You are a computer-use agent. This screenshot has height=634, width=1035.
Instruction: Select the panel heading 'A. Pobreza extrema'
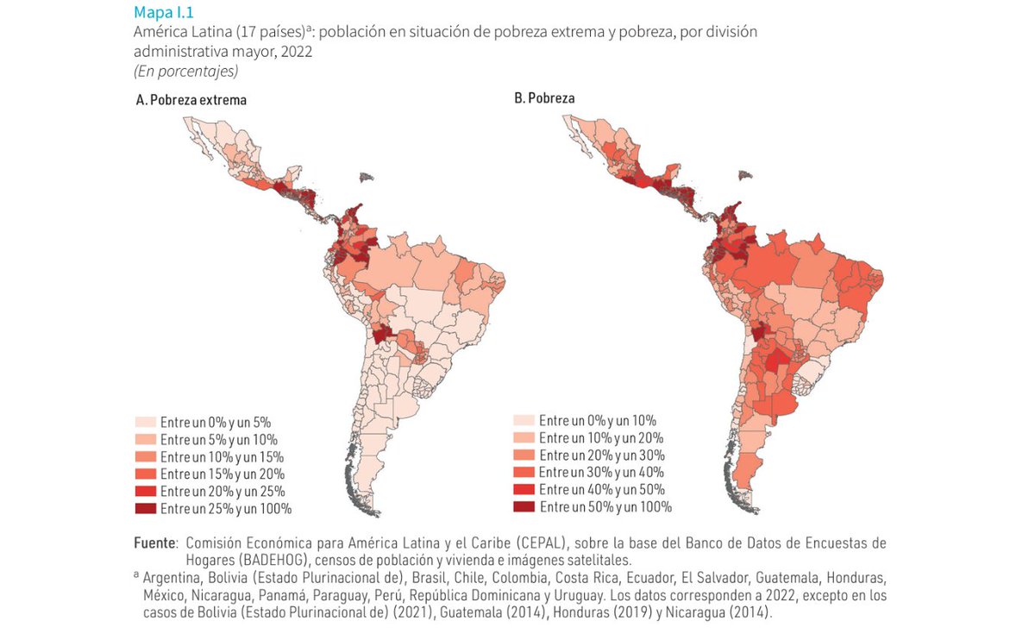[191, 100]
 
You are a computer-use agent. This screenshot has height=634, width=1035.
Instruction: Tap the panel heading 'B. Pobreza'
[544, 98]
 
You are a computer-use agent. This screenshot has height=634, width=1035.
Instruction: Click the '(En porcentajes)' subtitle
[185, 71]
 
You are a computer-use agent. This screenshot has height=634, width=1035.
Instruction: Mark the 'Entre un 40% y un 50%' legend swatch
[524, 489]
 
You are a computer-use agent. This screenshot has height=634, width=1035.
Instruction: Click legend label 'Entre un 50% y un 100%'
[605, 506]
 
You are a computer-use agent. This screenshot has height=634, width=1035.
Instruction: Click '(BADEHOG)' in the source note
[229, 560]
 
